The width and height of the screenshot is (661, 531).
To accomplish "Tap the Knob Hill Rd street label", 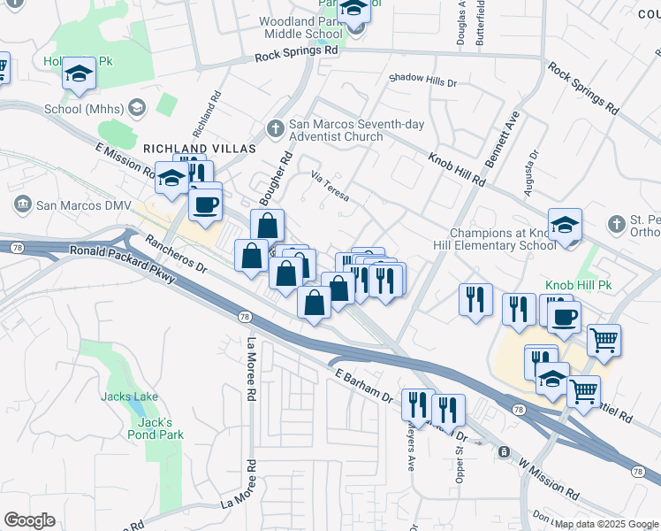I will [x=457, y=169].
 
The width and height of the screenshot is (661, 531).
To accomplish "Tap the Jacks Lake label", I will [x=130, y=396].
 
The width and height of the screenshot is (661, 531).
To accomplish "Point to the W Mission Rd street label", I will [x=549, y=478].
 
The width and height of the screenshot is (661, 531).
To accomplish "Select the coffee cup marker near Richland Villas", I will [x=206, y=204].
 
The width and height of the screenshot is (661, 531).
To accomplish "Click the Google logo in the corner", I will [x=29, y=520].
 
